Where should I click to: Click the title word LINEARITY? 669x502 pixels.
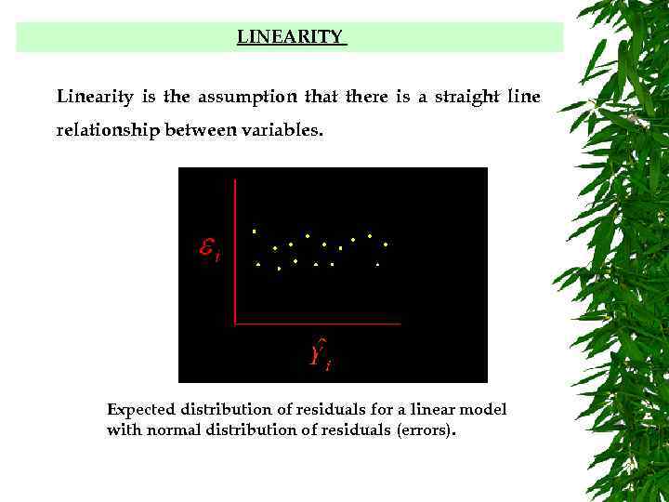tap(290, 37)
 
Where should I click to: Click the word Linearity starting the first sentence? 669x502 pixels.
tap(87, 97)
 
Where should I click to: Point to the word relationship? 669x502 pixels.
tap(106, 131)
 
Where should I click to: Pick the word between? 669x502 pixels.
tap(201, 131)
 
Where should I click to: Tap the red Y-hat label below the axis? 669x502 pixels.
tap(318, 353)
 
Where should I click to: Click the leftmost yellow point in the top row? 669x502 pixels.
tap(254, 231)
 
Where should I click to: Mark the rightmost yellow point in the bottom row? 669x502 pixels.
tap(378, 265)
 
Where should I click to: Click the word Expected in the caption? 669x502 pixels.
tap(139, 410)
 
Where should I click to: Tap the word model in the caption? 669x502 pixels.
tap(486, 410)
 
